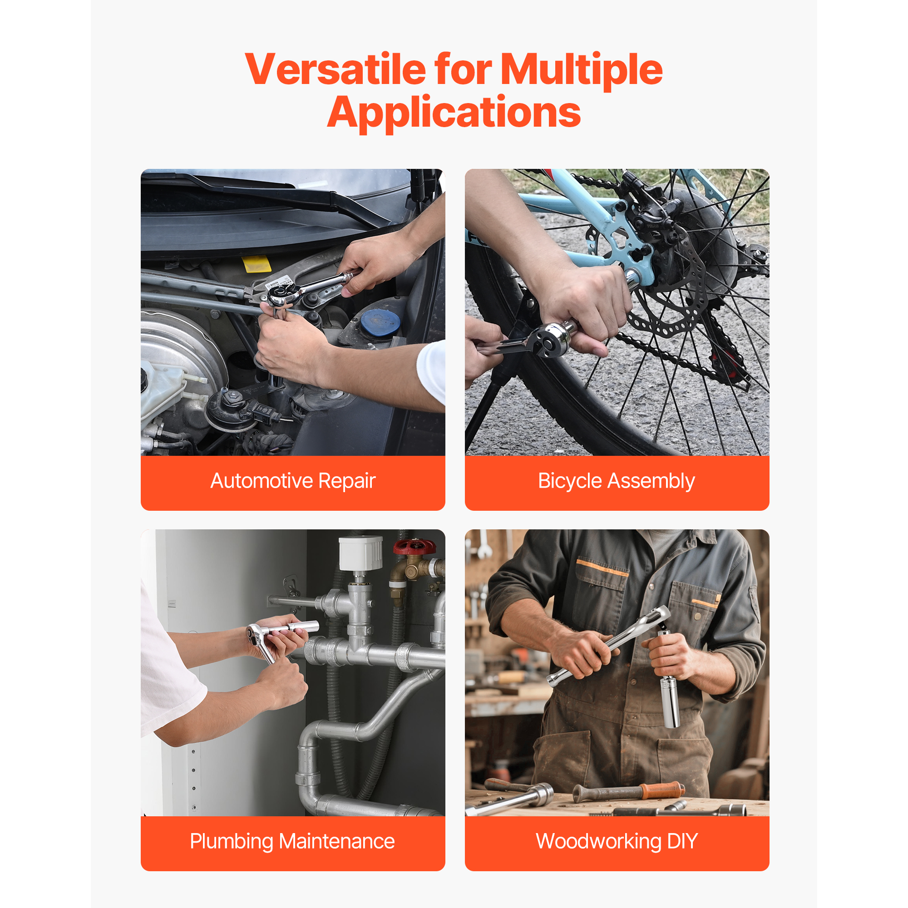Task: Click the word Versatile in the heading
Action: point(336,69)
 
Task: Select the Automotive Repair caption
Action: point(293,481)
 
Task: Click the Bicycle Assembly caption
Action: point(617,481)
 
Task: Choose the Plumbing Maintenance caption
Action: point(292,841)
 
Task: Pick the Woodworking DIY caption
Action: point(617,841)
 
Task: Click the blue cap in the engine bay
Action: point(380,322)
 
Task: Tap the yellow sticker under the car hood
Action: point(256,264)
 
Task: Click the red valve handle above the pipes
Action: point(414,547)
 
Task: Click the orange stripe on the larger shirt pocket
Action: point(602,568)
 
